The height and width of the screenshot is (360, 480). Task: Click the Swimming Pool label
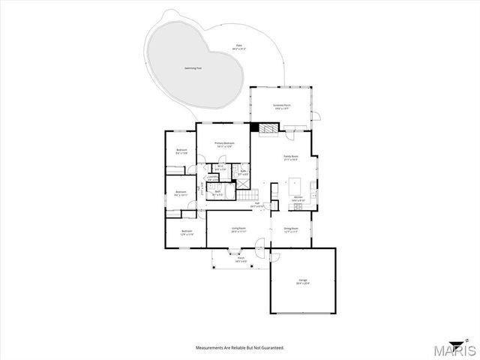[193, 68]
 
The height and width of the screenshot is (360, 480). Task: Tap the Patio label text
[238, 47]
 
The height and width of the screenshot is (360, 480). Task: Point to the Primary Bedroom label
[224, 144]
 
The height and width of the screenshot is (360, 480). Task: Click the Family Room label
[291, 157]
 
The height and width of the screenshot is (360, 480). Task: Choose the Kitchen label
[298, 199]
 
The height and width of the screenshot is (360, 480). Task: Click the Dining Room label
[291, 229]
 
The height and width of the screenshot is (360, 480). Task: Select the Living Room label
[238, 229]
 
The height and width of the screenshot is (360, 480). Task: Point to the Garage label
[301, 282]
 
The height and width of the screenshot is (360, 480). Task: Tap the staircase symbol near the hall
[248, 194]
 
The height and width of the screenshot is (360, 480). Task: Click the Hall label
[256, 204]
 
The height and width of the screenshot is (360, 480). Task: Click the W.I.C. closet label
[220, 168]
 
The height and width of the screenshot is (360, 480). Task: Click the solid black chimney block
[255, 127]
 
